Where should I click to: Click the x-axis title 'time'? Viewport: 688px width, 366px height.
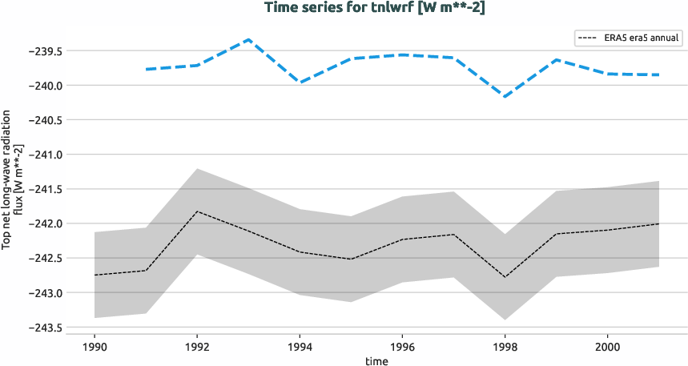(x=376, y=360)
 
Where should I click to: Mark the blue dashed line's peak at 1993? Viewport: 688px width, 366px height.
(x=248, y=39)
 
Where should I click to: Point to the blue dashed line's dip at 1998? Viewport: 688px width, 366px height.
(x=505, y=96)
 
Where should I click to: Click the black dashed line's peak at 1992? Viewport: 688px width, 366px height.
(x=197, y=211)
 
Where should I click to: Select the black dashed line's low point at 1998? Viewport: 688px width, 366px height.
(x=505, y=277)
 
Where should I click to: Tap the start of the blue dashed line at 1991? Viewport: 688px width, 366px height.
(x=146, y=70)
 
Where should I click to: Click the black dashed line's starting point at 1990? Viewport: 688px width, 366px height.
(x=95, y=276)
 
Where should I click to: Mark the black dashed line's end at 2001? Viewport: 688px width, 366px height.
(x=658, y=223)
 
